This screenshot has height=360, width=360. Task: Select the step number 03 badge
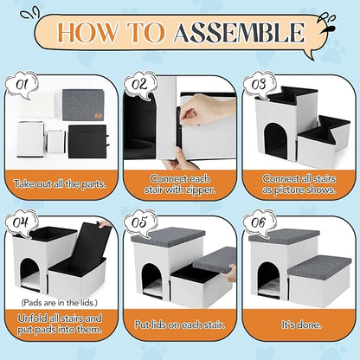click(258, 85)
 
